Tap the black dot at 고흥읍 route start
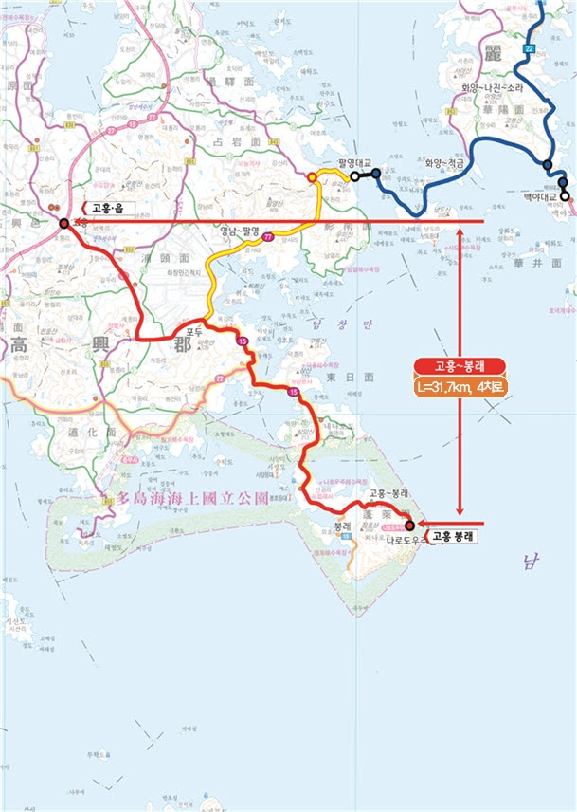pos(63,224)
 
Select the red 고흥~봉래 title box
pos(459,367)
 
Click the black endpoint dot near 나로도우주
pos(409,525)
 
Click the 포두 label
pos(195,331)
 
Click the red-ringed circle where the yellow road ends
pos(313,177)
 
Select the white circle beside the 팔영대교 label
pos(353,176)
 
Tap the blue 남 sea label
pos(528,565)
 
